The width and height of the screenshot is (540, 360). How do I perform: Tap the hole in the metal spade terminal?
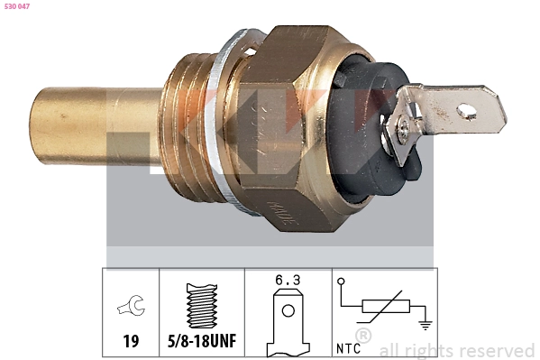[x=467, y=111]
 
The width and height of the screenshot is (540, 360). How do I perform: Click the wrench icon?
[x=133, y=309]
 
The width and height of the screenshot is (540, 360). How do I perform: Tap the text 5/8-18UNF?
[x=203, y=343]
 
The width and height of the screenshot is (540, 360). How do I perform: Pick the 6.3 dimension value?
[x=287, y=281]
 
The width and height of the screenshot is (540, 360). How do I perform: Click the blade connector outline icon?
[x=287, y=320]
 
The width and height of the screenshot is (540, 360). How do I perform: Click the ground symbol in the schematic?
[x=424, y=318]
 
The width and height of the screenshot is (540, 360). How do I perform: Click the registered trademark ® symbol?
[x=363, y=336]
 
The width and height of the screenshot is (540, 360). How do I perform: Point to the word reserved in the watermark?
[x=497, y=350]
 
